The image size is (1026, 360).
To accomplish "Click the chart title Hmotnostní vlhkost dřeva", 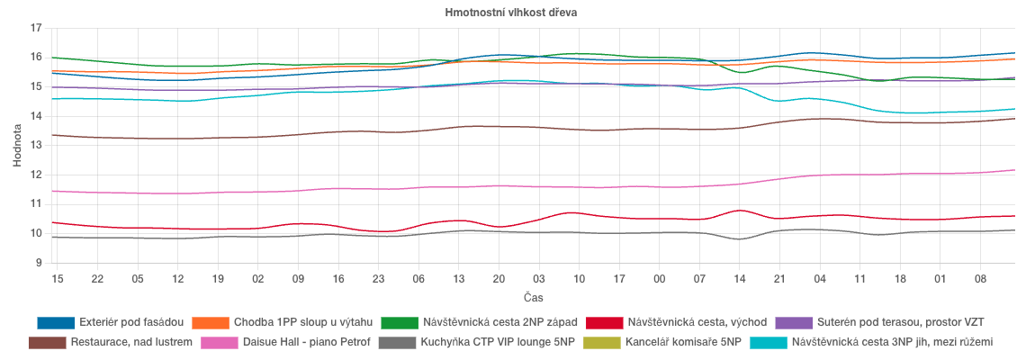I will tap(511, 13).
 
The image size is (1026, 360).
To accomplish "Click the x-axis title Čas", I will tap(533, 297).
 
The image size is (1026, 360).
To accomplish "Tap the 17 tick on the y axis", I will tap(36, 28).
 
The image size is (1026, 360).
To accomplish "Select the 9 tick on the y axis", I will tap(39, 263).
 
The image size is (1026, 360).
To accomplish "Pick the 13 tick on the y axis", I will tap(36, 146).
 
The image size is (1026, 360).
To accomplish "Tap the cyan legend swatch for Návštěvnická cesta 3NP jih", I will tap(767, 343).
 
